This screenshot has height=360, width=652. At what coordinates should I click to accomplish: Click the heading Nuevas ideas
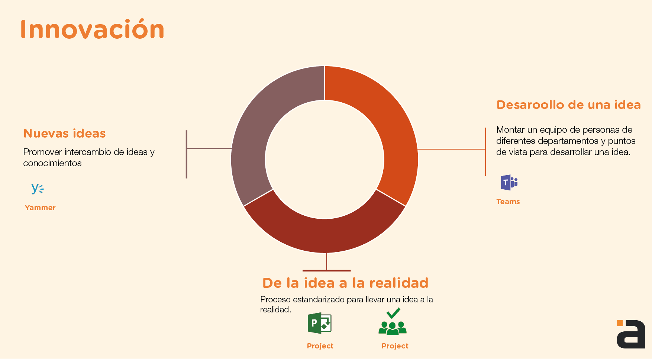click(x=65, y=133)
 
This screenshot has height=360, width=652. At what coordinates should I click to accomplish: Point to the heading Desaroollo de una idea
click(x=569, y=105)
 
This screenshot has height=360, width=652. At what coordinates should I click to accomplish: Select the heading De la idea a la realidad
click(x=345, y=283)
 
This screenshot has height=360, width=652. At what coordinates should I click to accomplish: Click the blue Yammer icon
click(x=38, y=189)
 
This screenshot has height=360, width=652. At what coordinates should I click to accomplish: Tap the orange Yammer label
click(x=40, y=208)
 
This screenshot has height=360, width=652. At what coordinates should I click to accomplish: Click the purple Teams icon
click(x=509, y=182)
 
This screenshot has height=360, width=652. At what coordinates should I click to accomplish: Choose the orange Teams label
click(x=508, y=202)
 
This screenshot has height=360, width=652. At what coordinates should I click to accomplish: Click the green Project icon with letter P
click(x=320, y=323)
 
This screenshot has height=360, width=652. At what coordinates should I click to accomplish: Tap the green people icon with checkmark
click(x=393, y=322)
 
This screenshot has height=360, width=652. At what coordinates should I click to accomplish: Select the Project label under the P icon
click(x=320, y=346)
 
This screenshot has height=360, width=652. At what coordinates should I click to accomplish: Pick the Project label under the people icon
click(x=395, y=346)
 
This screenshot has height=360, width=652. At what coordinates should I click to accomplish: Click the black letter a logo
click(x=631, y=334)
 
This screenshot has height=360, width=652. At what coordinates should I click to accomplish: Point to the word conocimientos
click(x=52, y=163)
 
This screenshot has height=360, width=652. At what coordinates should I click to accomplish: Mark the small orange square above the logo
click(x=620, y=323)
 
